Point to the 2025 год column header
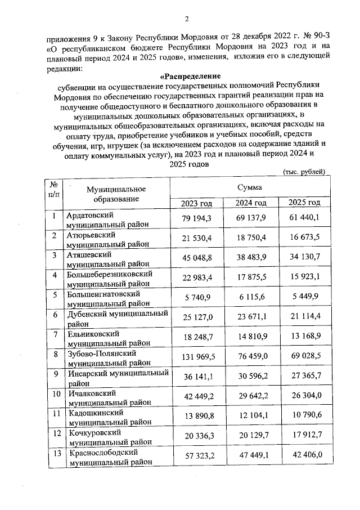(304, 203)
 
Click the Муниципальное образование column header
(112, 194)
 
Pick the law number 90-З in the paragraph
(319, 39)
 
